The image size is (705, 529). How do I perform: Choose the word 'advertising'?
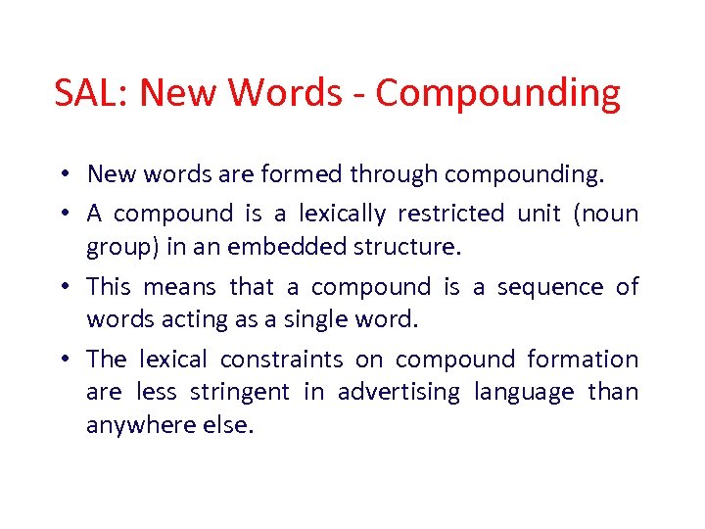point(399,393)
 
